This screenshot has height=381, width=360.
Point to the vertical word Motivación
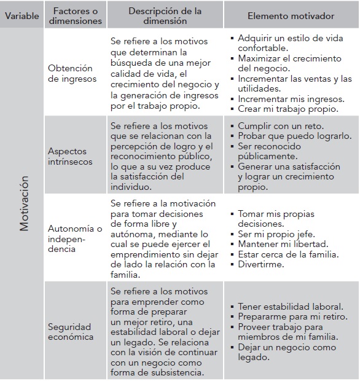point(24,204)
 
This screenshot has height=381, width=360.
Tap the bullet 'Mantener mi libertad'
point(283,244)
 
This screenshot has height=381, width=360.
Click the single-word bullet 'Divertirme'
point(260,265)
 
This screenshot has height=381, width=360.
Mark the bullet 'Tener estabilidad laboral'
point(290,306)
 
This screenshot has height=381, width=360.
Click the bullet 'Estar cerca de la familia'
point(288,254)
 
